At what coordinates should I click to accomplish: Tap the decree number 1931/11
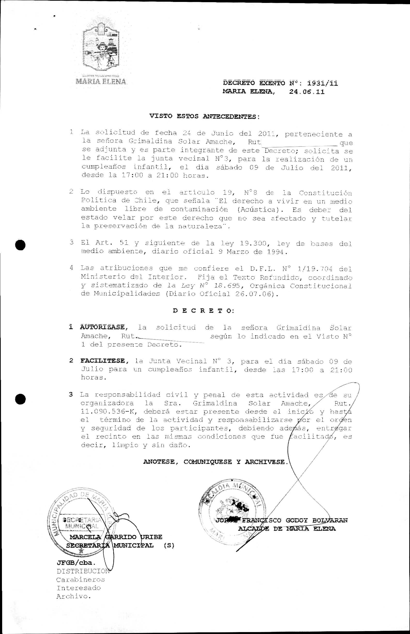[x=322, y=83]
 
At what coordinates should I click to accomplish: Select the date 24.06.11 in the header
[x=307, y=92]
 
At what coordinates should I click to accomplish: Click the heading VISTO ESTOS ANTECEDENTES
[x=204, y=116]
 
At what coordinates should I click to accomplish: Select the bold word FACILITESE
[x=103, y=361]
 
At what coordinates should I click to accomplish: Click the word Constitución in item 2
[x=325, y=193]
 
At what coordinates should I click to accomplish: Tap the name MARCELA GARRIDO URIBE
[x=115, y=537]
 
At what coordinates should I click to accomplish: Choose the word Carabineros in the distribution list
[x=80, y=580]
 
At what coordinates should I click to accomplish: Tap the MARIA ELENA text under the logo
[x=101, y=81]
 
